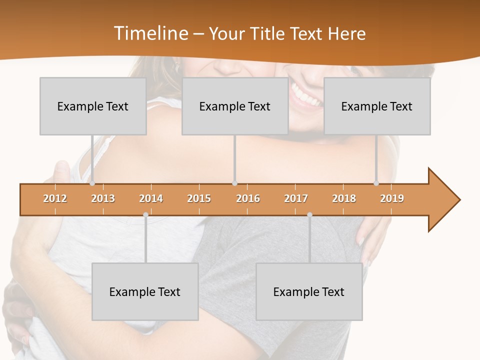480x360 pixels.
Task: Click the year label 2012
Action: pos(55,198)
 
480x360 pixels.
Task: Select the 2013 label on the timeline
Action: pos(103,198)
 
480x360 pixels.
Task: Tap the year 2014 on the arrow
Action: pos(151,198)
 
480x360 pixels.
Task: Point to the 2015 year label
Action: pos(199,198)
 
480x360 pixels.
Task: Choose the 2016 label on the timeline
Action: pos(248,198)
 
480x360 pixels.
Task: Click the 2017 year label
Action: pos(296,198)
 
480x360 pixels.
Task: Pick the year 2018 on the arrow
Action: pos(344,198)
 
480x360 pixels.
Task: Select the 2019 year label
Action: pos(392,198)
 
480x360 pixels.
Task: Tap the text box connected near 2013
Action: pos(93,106)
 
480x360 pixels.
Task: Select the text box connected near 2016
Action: pos(235,106)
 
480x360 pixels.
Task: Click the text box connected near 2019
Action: pos(377,106)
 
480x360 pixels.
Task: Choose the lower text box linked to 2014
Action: pos(145,291)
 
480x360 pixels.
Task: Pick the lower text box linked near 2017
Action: pos(309,291)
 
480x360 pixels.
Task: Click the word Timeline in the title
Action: pos(150,33)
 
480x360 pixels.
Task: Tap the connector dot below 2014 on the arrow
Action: pos(145,214)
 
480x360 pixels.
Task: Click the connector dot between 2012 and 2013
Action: pos(92,183)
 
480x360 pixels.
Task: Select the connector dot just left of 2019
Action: pos(376,183)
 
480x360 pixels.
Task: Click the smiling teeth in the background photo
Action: pos(306,95)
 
